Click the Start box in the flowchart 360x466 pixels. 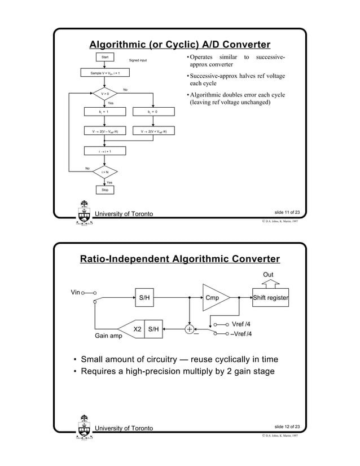tap(104, 57)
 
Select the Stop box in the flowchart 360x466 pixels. tap(104, 190)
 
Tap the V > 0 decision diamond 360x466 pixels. tap(104, 94)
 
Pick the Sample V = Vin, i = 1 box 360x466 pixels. tap(104, 73)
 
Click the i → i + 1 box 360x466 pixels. tap(104, 151)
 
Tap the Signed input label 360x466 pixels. tap(139, 60)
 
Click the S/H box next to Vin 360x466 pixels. tap(144, 298)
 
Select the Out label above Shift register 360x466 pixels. tap(269, 275)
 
